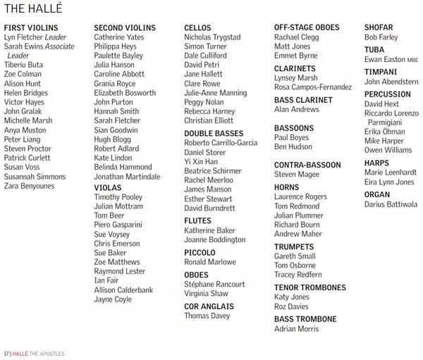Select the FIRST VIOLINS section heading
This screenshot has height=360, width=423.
pos(32,27)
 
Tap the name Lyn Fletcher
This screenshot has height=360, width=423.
pos(23,37)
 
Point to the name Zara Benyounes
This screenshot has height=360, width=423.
pos(29,186)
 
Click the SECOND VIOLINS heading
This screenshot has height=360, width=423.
pos(124,27)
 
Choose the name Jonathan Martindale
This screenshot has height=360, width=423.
pos(127,177)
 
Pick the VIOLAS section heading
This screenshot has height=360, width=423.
pos(108,188)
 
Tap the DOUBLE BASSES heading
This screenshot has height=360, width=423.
pos(214,133)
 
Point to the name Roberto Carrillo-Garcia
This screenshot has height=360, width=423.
pos(221,142)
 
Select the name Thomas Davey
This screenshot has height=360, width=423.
pos(207,316)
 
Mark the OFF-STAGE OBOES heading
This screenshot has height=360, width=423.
pos(307,27)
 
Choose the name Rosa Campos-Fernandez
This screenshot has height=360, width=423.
pos(313,87)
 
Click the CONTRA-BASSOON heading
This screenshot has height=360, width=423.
pos(307,165)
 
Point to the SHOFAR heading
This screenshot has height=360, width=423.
pos(379,27)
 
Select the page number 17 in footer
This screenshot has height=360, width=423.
pos(6,353)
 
